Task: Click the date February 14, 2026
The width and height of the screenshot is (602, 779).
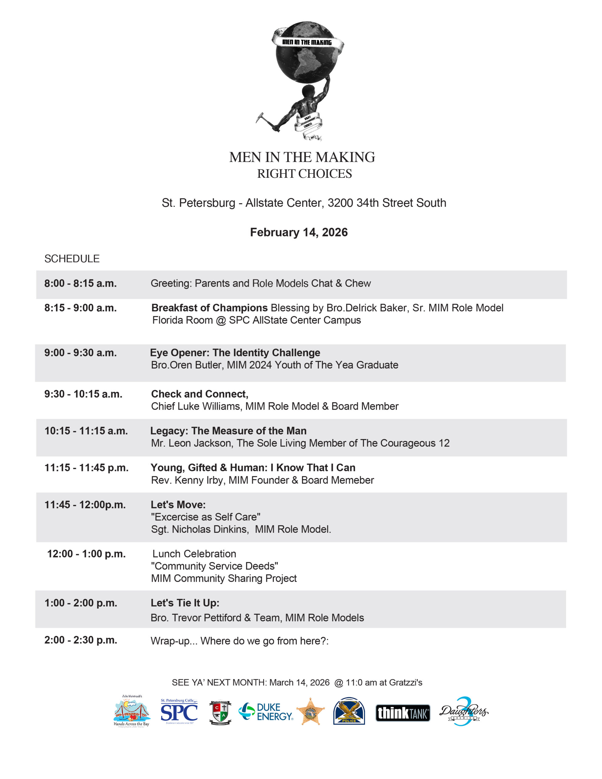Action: click(x=299, y=232)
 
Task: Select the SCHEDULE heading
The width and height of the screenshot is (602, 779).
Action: click(x=72, y=259)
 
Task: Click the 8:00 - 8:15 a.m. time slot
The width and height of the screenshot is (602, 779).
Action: click(x=80, y=283)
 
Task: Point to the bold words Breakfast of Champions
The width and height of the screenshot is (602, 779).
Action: click(x=209, y=308)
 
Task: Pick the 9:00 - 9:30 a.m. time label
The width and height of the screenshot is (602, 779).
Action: click(x=80, y=353)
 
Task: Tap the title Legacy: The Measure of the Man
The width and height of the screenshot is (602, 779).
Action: click(x=228, y=431)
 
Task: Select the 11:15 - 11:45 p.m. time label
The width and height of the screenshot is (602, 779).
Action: click(x=86, y=468)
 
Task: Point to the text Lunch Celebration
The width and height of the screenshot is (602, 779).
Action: click(x=194, y=554)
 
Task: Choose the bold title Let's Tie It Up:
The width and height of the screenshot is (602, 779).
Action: click(x=185, y=603)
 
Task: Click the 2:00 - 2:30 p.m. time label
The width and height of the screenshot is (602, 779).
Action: click(x=81, y=640)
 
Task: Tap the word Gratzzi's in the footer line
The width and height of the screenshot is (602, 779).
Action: click(x=405, y=682)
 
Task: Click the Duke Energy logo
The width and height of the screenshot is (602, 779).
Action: click(x=266, y=712)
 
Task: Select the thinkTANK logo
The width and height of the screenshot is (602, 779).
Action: click(x=403, y=713)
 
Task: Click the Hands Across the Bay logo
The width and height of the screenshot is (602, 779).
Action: click(x=132, y=711)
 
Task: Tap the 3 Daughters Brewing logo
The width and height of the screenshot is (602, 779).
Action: click(x=464, y=711)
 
